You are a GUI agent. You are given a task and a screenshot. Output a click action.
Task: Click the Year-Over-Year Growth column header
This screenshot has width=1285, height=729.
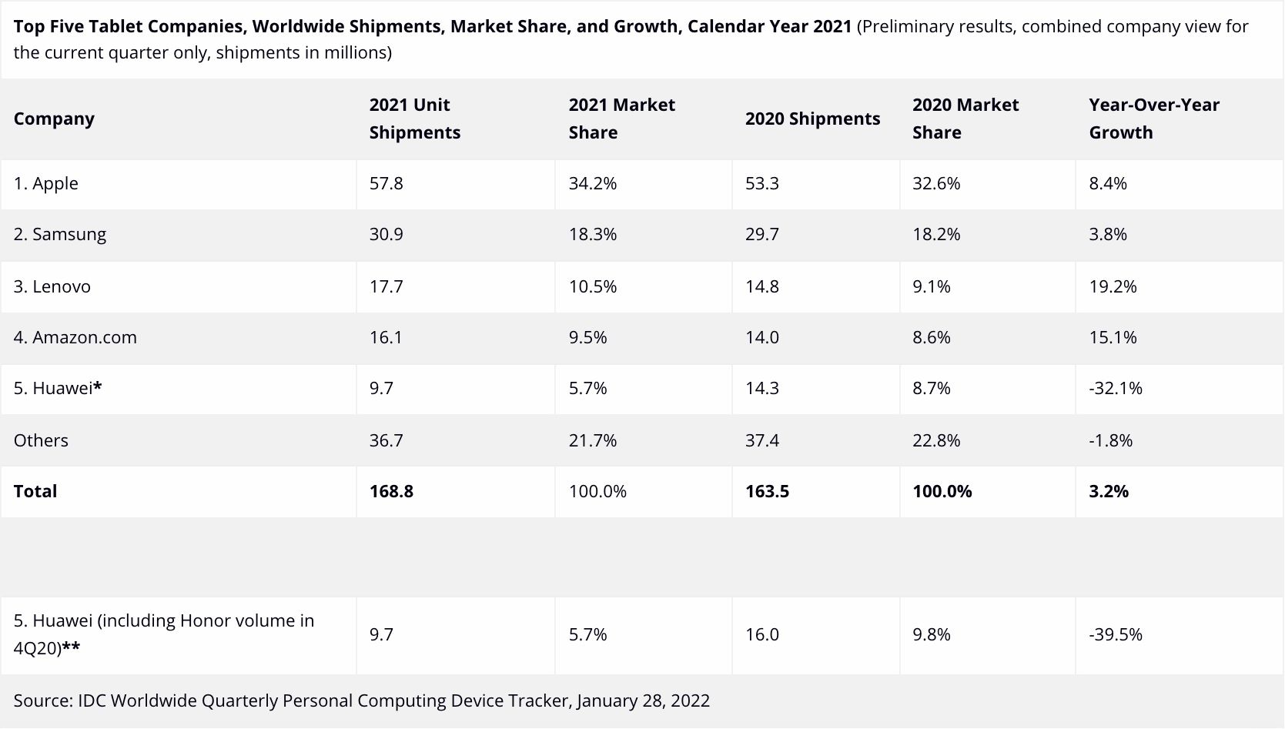1153,119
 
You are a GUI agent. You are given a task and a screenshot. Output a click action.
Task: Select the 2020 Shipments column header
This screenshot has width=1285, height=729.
812,119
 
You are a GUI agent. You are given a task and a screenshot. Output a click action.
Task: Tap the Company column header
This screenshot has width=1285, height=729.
54,119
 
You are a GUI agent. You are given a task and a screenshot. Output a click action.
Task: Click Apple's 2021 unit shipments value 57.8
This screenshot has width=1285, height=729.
386,183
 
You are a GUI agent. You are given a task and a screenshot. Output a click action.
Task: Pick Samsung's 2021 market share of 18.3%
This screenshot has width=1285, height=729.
592,234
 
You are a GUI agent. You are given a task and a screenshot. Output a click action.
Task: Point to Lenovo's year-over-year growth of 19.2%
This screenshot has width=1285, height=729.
1113,286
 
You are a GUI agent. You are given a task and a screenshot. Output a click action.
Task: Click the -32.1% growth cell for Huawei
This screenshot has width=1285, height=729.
1116,388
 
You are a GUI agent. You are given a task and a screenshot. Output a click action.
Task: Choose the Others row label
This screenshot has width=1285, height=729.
41,440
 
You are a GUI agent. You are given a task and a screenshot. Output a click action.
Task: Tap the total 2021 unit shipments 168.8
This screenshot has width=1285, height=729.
391,491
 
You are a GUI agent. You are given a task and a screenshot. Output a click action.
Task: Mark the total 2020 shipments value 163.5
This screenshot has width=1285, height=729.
767,491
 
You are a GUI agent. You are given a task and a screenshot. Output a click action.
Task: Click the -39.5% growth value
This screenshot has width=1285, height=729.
1116,634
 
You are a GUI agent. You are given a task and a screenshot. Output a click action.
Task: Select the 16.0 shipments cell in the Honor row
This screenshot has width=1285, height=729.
761,634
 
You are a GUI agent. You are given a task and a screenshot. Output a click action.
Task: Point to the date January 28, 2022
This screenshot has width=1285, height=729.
643,701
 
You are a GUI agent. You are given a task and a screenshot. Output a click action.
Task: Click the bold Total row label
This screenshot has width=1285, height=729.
35,491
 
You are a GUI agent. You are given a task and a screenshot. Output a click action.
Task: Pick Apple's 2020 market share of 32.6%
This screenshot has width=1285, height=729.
936,183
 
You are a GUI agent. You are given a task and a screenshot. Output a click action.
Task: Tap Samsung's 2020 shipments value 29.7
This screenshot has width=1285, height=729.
761,234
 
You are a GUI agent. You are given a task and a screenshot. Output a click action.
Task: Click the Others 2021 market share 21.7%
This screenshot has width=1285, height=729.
592,440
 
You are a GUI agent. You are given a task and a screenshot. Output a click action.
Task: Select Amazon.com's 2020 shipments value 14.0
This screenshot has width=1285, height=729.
761,337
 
